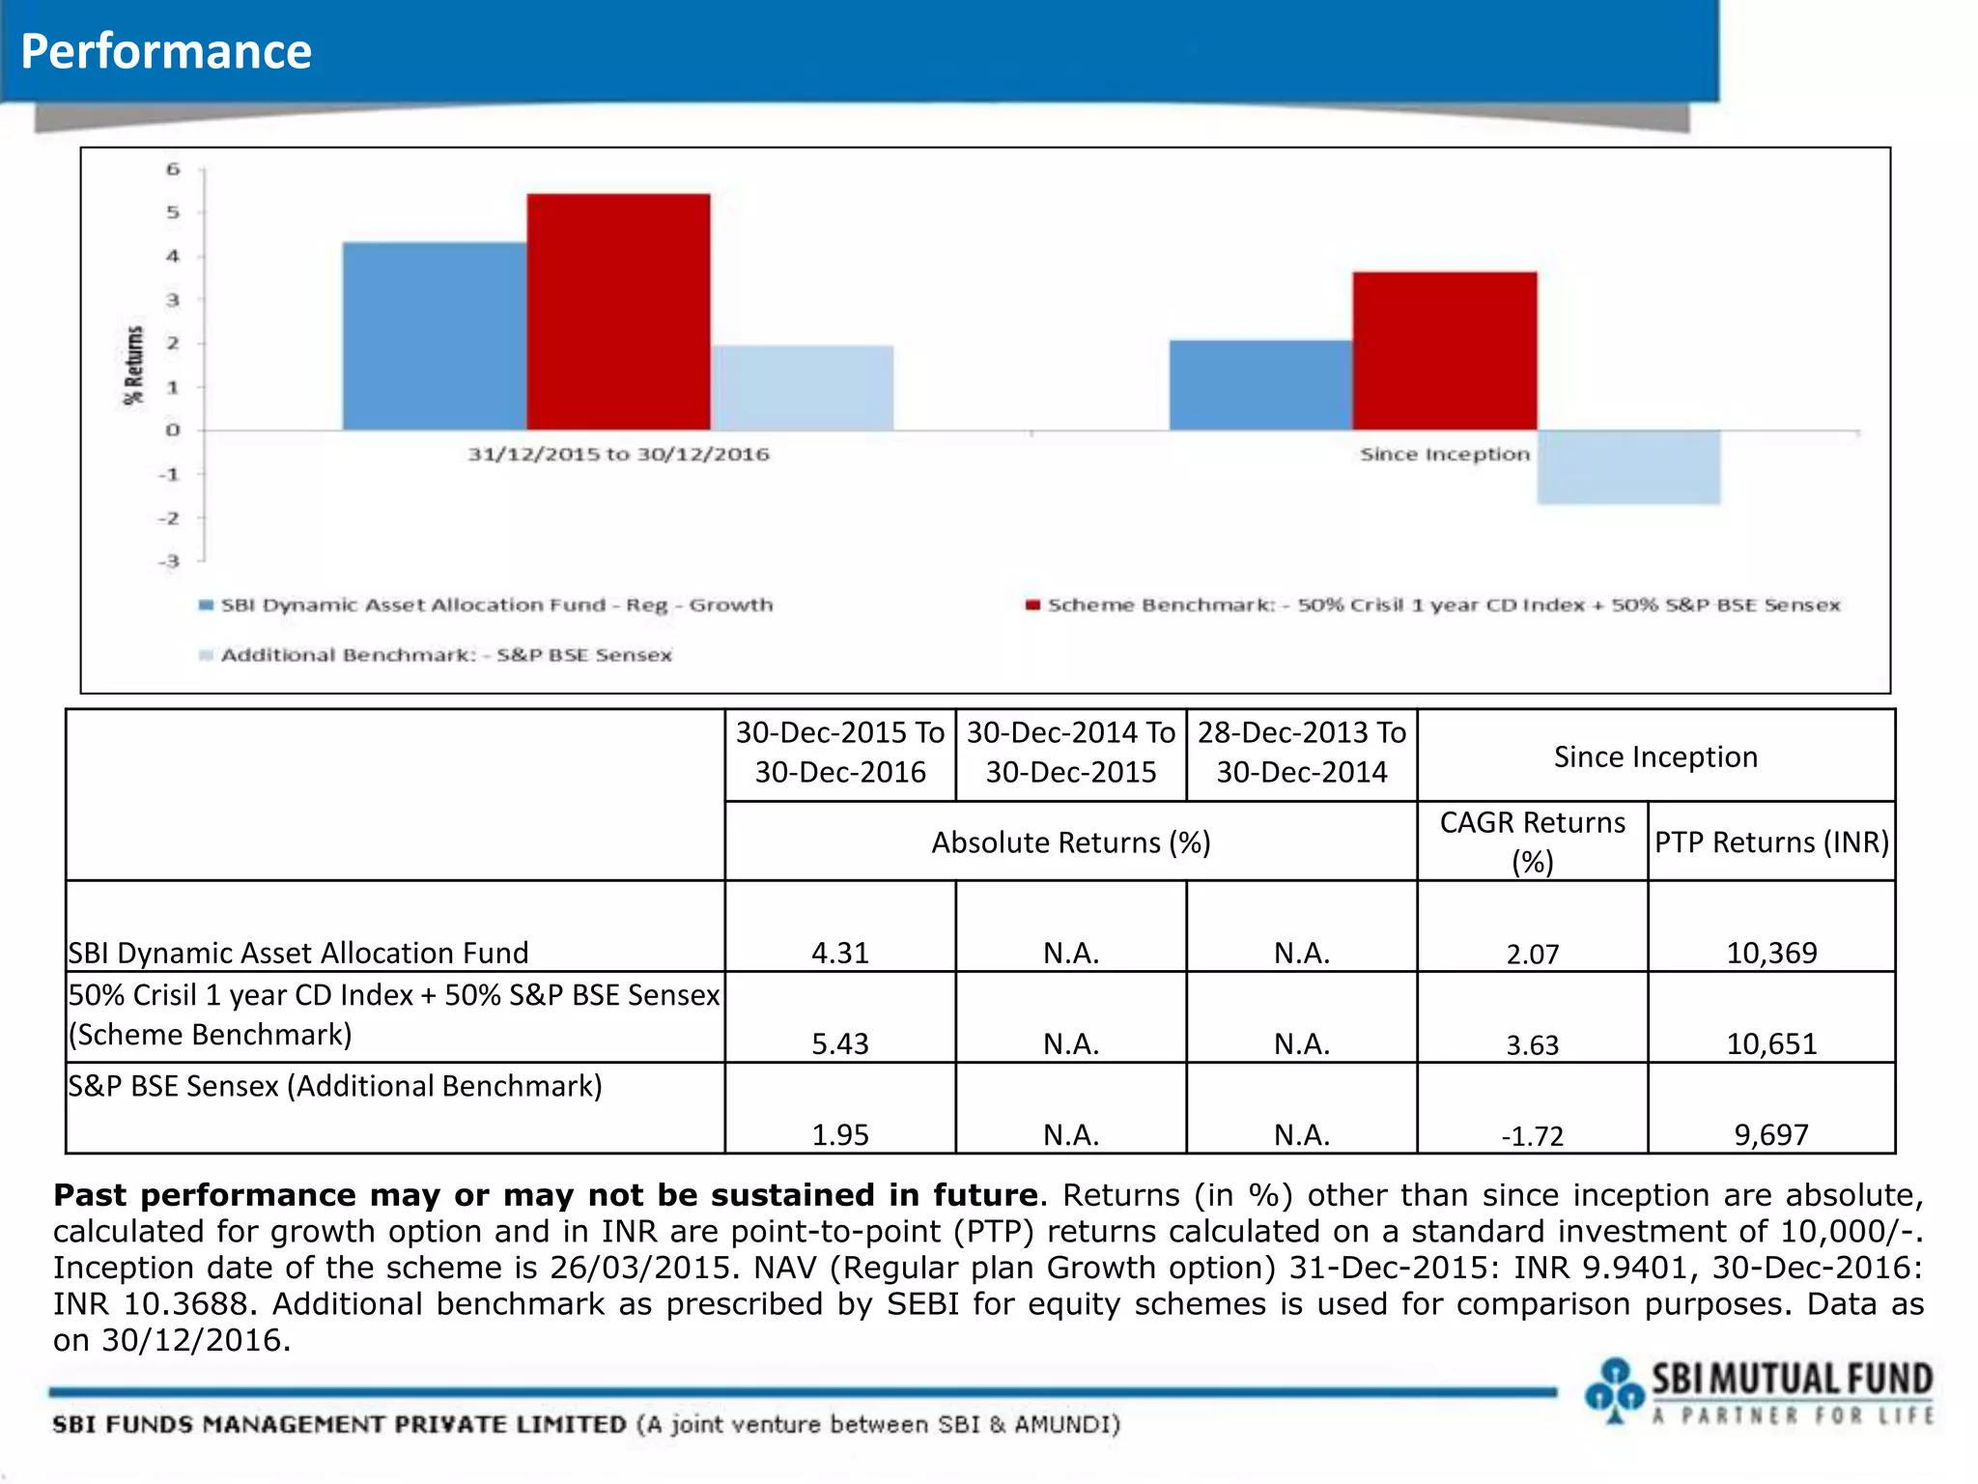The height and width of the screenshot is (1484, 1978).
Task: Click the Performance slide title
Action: pyautogui.click(x=166, y=51)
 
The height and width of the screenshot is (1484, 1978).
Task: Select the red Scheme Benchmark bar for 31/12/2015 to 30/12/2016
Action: pyautogui.click(x=618, y=312)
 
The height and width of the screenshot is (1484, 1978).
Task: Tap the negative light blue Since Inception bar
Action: pyautogui.click(x=1628, y=467)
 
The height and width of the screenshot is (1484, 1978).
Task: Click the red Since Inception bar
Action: pyautogui.click(x=1444, y=351)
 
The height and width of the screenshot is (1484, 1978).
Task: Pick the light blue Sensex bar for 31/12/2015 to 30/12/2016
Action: pyautogui.click(x=802, y=387)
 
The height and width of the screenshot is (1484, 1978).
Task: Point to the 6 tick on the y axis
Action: pyautogui.click(x=173, y=169)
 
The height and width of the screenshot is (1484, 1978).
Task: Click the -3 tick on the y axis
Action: pyautogui.click(x=170, y=561)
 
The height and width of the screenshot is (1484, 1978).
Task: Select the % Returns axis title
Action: pyautogui.click(x=133, y=365)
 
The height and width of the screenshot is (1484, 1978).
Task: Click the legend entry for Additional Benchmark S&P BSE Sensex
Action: pyautogui.click(x=445, y=655)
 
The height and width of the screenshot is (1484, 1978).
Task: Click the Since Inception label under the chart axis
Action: pyautogui.click(x=1444, y=454)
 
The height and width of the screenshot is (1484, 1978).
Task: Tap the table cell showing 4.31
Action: pyautogui.click(x=839, y=953)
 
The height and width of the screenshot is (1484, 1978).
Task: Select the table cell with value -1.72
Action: pyautogui.click(x=1532, y=1135)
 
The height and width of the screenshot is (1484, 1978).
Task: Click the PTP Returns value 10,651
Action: pyautogui.click(x=1770, y=1043)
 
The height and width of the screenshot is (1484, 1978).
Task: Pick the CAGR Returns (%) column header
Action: pyautogui.click(x=1532, y=841)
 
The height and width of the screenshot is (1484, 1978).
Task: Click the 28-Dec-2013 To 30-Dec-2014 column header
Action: pyautogui.click(x=1301, y=753)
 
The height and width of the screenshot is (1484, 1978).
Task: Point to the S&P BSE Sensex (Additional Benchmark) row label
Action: pyautogui.click(x=335, y=1086)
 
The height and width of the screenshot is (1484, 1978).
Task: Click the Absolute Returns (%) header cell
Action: pyautogui.click(x=1070, y=842)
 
